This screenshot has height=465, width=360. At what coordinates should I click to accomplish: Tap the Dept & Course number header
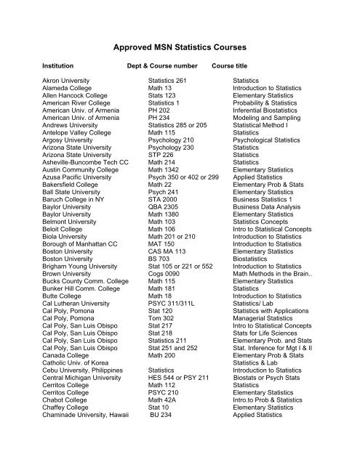pos(161,64)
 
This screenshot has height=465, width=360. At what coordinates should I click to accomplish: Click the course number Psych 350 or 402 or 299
pos(183,176)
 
